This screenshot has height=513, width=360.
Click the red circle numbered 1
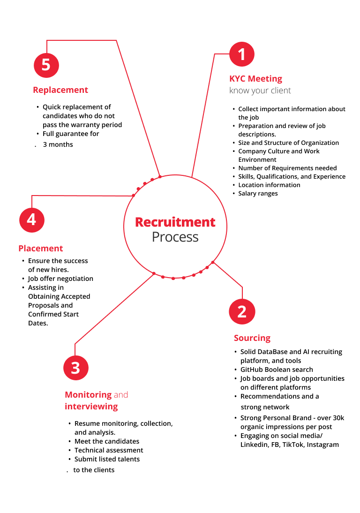(241, 54)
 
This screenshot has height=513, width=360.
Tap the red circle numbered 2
(241, 311)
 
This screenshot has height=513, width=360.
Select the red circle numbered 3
(75, 368)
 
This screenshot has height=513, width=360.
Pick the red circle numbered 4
(31, 219)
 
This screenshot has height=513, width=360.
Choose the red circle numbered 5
(46, 64)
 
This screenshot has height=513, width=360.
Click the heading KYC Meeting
(255, 79)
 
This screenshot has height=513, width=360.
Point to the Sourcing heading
(252, 338)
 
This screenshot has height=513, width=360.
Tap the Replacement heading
(60, 90)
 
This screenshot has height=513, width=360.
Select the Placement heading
(41, 249)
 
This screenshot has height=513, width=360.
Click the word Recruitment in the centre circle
(175, 222)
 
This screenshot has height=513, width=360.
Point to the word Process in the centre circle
(175, 237)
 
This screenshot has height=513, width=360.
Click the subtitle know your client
(260, 91)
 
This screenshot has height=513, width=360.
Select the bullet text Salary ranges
(258, 194)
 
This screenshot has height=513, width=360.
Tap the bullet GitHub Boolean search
(277, 370)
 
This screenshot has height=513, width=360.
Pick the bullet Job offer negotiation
(60, 279)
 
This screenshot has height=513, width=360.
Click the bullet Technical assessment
(109, 450)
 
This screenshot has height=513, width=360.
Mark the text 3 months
(58, 144)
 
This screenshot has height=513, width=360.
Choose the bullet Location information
(269, 185)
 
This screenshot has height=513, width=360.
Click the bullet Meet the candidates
(107, 441)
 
